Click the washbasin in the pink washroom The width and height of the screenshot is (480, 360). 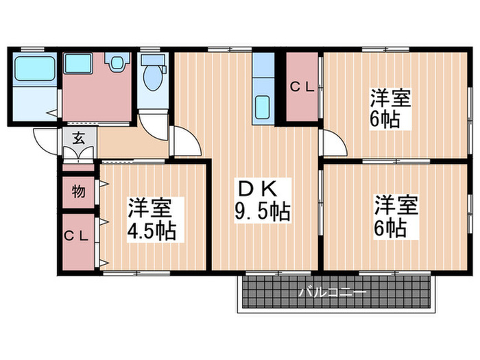116,64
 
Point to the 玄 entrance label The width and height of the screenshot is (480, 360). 77,137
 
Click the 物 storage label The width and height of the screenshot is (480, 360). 77,191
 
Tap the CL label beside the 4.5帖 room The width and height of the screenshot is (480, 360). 77,236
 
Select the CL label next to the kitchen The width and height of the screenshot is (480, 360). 301,87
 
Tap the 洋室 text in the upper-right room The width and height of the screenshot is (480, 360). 392,97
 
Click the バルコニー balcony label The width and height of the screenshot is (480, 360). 332,293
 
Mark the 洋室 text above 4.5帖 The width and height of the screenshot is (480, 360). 156,206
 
